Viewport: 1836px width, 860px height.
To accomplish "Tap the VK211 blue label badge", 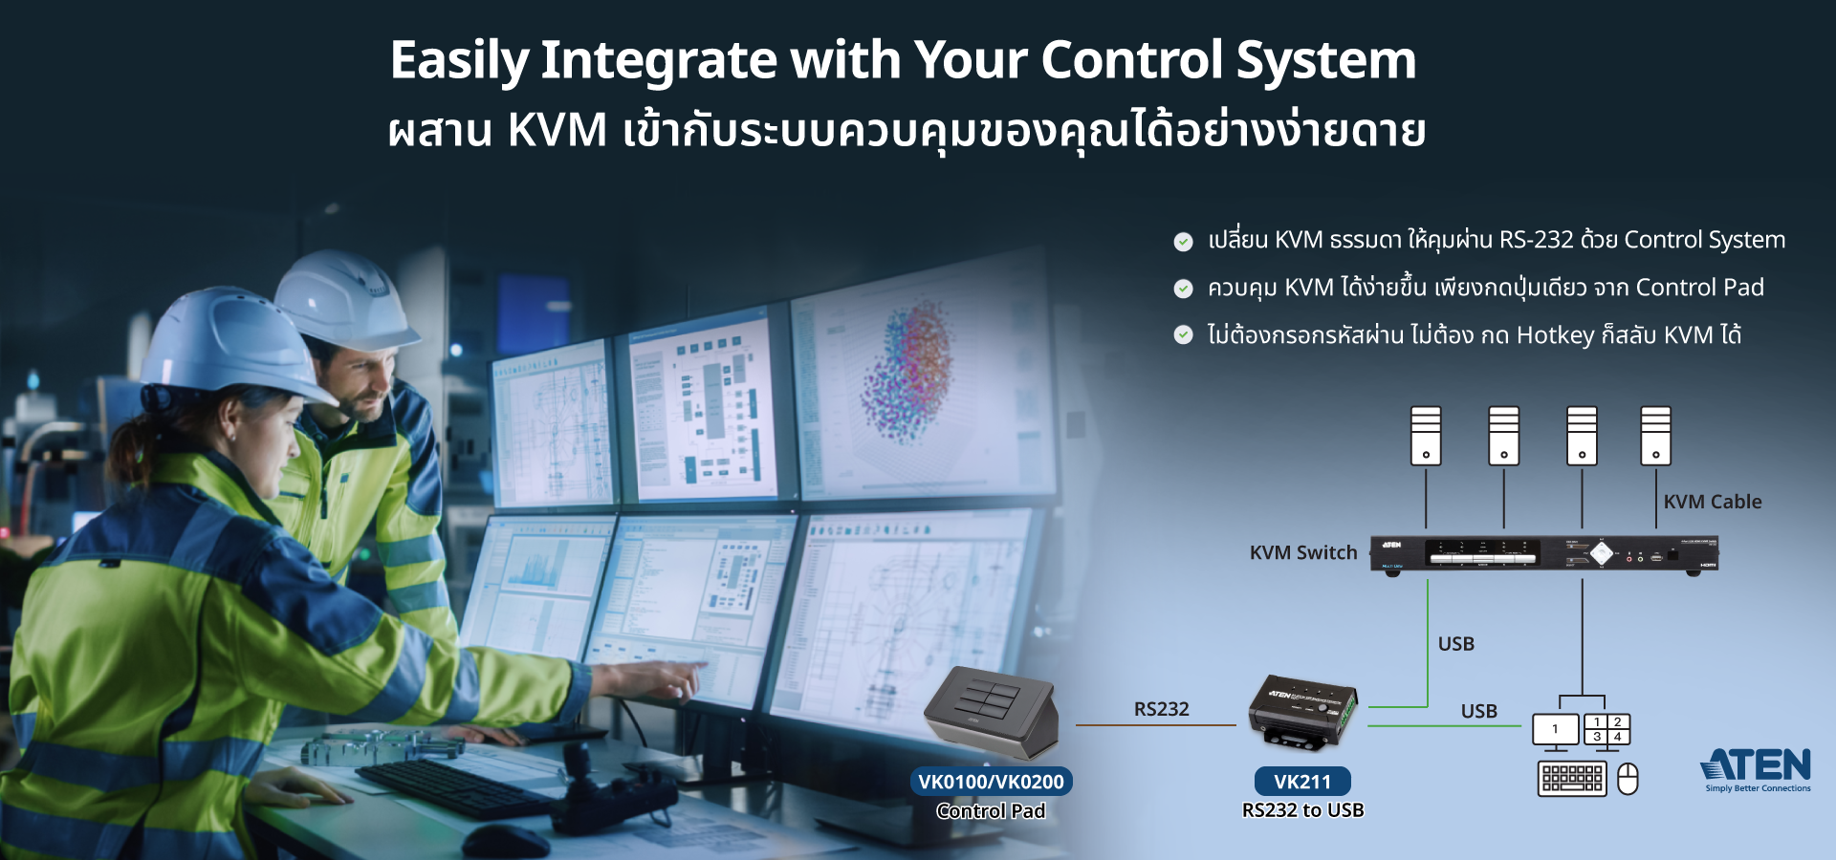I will coord(1301,782).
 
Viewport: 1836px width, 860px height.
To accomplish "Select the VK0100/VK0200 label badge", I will coord(991,782).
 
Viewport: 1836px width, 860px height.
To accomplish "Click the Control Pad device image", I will coord(993,713).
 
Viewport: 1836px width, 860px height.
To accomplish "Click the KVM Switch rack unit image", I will coord(1543,553).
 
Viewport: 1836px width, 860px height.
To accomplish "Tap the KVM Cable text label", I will coord(1712,502).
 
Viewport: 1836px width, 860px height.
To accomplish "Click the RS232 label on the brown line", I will coord(1161,709).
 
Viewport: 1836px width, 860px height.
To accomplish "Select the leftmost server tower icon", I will coord(1426,436).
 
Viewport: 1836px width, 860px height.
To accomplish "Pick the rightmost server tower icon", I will coord(1655,436).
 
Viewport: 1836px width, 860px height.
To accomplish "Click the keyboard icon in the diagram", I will coord(1572,779).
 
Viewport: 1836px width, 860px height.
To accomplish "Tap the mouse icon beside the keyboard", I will coord(1628,779).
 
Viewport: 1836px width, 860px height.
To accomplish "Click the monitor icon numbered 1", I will coord(1555,730).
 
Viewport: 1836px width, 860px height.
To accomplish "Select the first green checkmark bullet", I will coord(1183,241).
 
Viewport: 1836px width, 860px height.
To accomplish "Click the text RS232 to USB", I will coord(1302,810).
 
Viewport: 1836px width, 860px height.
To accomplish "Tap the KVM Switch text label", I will coord(1302,552).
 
